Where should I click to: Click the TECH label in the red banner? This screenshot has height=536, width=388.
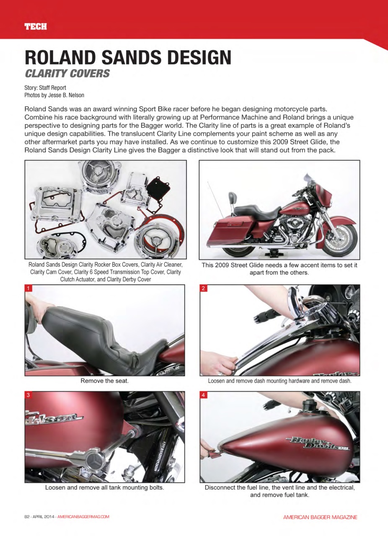click(35, 27)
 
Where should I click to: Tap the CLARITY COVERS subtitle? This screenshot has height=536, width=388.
click(67, 74)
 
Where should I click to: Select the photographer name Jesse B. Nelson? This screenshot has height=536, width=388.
click(64, 95)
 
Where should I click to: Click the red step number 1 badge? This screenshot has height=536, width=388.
click(28, 288)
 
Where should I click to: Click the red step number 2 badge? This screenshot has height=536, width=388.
click(203, 288)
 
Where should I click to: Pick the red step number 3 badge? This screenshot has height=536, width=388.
click(28, 395)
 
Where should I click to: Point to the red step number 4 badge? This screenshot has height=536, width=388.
click(203, 395)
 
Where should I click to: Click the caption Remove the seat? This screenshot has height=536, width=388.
click(104, 381)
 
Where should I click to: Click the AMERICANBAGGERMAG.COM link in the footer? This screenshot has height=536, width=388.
click(83, 517)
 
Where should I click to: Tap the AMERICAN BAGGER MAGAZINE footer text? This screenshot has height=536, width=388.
click(320, 517)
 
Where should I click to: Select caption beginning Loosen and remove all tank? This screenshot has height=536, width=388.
click(104, 488)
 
